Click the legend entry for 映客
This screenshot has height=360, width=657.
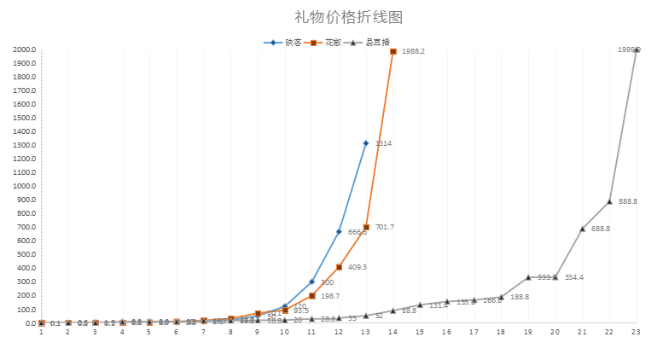286,42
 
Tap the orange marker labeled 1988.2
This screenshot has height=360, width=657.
393,51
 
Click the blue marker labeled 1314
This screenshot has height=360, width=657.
366,143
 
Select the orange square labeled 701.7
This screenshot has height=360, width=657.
366,227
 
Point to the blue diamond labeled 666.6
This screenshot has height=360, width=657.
339,232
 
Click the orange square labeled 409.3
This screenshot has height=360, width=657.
339,267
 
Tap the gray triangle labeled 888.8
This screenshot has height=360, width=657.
609,201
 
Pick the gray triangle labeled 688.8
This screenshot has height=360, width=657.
582,229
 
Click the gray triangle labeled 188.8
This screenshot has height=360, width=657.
501,297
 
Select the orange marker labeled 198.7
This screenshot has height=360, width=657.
312,296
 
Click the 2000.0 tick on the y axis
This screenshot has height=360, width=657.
24,49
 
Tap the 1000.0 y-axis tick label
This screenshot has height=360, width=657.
24,186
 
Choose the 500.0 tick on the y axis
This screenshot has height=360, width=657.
26,254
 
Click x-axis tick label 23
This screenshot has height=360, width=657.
636,332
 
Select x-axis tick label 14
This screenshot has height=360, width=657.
393,332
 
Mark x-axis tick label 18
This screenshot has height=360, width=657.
501,332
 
